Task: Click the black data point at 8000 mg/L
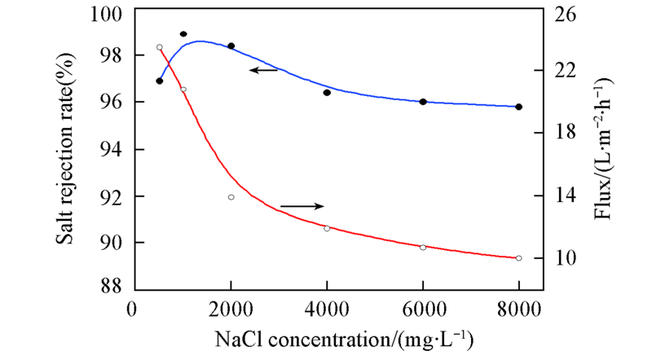click(518, 107)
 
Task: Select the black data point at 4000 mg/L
click(327, 93)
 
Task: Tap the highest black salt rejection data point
click(183, 34)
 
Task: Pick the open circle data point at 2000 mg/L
click(231, 197)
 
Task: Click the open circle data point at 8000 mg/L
click(518, 258)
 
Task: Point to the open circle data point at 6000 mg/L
click(423, 247)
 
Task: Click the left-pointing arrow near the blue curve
click(264, 71)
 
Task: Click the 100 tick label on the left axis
click(109, 15)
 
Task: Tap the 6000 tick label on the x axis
click(423, 309)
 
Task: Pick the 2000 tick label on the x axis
click(231, 309)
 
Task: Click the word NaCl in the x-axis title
click(234, 337)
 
